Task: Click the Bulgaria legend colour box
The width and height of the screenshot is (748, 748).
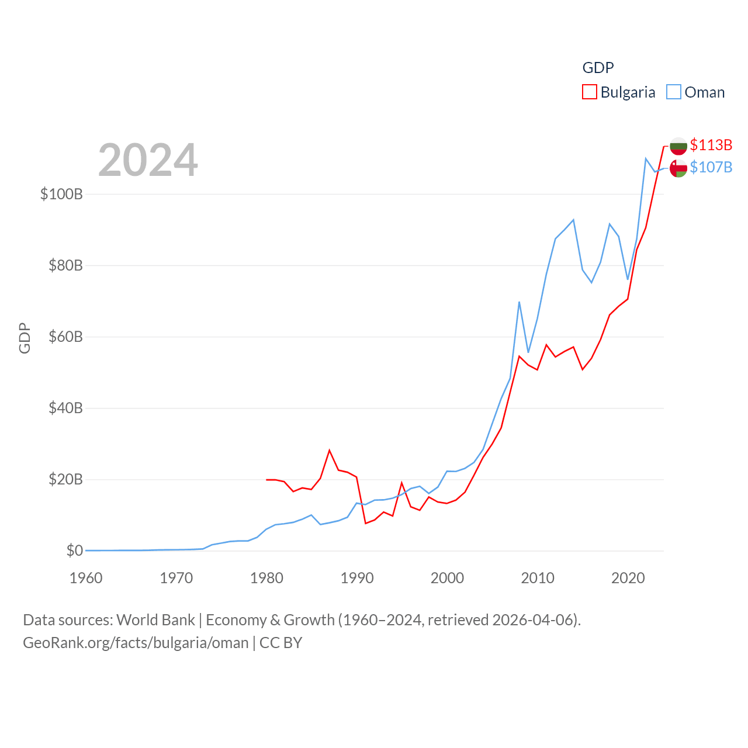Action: click(x=590, y=92)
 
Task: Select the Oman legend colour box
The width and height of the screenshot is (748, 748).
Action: click(x=674, y=92)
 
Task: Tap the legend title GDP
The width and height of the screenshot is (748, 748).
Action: click(x=598, y=68)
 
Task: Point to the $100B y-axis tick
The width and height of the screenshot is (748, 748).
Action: click(x=61, y=194)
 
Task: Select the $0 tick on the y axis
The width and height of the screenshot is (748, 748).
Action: click(x=75, y=550)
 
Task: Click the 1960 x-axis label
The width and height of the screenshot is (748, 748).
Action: click(x=86, y=578)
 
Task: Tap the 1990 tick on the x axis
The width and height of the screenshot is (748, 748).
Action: click(x=357, y=578)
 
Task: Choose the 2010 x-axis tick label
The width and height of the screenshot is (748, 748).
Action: click(x=538, y=578)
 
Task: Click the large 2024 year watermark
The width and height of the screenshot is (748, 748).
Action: click(x=148, y=160)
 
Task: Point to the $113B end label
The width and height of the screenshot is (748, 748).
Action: click(x=711, y=145)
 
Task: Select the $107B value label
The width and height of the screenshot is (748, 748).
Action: click(x=711, y=167)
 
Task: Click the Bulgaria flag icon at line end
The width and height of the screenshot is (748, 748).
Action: click(x=678, y=146)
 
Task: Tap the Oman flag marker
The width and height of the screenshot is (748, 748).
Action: click(x=678, y=168)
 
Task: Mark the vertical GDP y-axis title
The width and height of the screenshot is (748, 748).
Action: click(x=25, y=338)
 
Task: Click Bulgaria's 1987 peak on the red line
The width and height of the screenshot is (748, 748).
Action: click(x=330, y=450)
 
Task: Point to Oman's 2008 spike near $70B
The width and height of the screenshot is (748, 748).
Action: click(x=519, y=302)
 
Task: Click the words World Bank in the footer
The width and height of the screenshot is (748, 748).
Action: click(x=155, y=619)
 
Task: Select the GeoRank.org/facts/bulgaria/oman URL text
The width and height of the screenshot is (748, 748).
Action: click(x=136, y=643)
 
